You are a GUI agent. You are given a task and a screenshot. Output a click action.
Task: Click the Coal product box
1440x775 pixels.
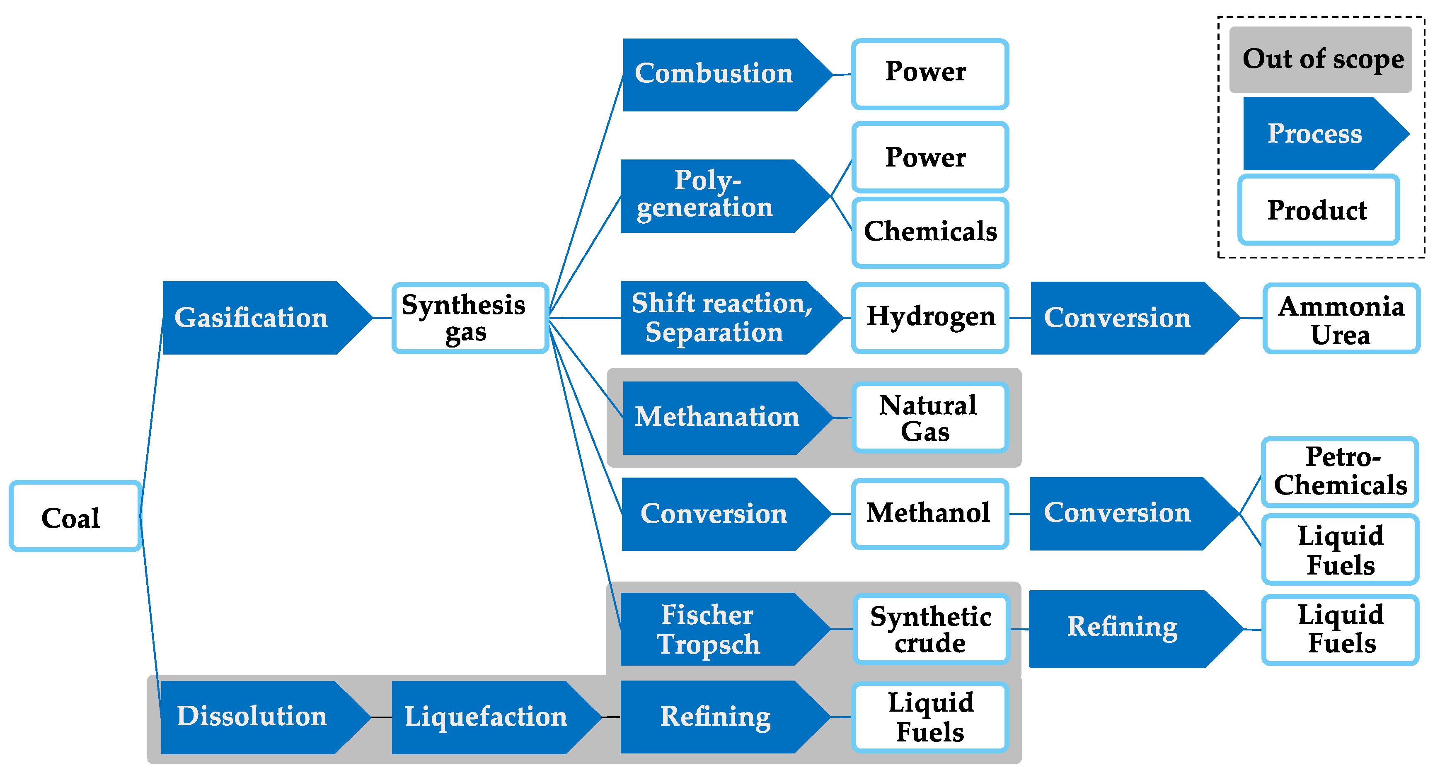pyautogui.click(x=74, y=516)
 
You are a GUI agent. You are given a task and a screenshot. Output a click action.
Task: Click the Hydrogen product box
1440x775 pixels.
pyautogui.click(x=930, y=317)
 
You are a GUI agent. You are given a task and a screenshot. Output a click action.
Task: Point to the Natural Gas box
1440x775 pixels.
pyautogui.click(x=929, y=418)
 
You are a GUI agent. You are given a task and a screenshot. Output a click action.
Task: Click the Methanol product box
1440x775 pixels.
pyautogui.click(x=929, y=513)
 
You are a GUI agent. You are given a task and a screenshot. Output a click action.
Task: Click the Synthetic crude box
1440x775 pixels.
pyautogui.click(x=931, y=629)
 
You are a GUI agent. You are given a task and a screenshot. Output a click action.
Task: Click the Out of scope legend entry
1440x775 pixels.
pyautogui.click(x=1320, y=59)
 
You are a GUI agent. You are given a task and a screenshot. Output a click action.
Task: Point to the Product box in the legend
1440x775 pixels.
pyautogui.click(x=1318, y=210)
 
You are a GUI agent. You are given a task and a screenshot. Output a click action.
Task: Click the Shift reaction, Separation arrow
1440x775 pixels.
pyautogui.click(x=721, y=317)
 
